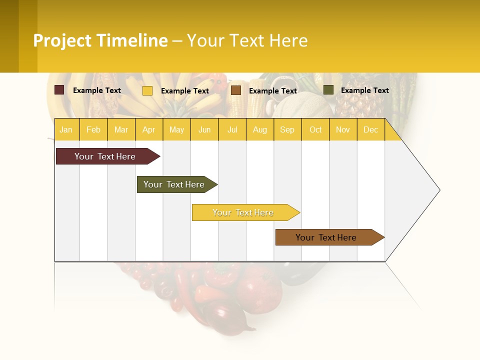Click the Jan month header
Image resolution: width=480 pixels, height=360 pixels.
pos(66,129)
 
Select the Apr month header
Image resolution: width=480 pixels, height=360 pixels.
pos(148,129)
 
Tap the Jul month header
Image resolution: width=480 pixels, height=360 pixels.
pos(232,129)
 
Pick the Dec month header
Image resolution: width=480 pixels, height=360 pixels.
pos(370,129)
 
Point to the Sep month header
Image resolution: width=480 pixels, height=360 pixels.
pos(287,129)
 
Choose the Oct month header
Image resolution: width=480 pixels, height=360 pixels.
pos(315,129)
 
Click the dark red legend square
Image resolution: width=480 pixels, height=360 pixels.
pos(59,90)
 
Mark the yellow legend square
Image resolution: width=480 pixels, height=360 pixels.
pos(147,90)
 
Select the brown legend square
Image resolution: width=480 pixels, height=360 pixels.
pos(236,90)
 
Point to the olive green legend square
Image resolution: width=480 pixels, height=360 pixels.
pos(328,90)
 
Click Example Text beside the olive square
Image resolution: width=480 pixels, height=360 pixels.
pos(364,90)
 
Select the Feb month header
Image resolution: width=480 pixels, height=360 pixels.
pos(93,129)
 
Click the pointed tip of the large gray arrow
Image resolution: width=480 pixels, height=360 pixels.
pos(438,190)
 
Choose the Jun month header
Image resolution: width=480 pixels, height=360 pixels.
pos(204,129)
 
